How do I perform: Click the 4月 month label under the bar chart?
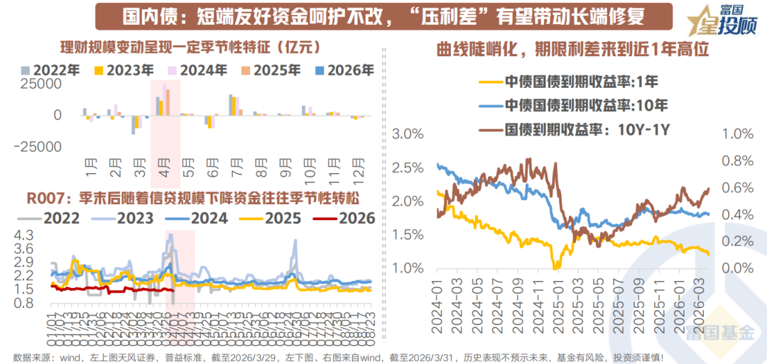point(164,173)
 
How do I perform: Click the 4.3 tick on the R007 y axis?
point(23,235)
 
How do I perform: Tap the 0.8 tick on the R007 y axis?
point(23,303)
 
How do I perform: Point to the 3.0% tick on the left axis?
point(408,134)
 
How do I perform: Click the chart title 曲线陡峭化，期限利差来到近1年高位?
point(573,50)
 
